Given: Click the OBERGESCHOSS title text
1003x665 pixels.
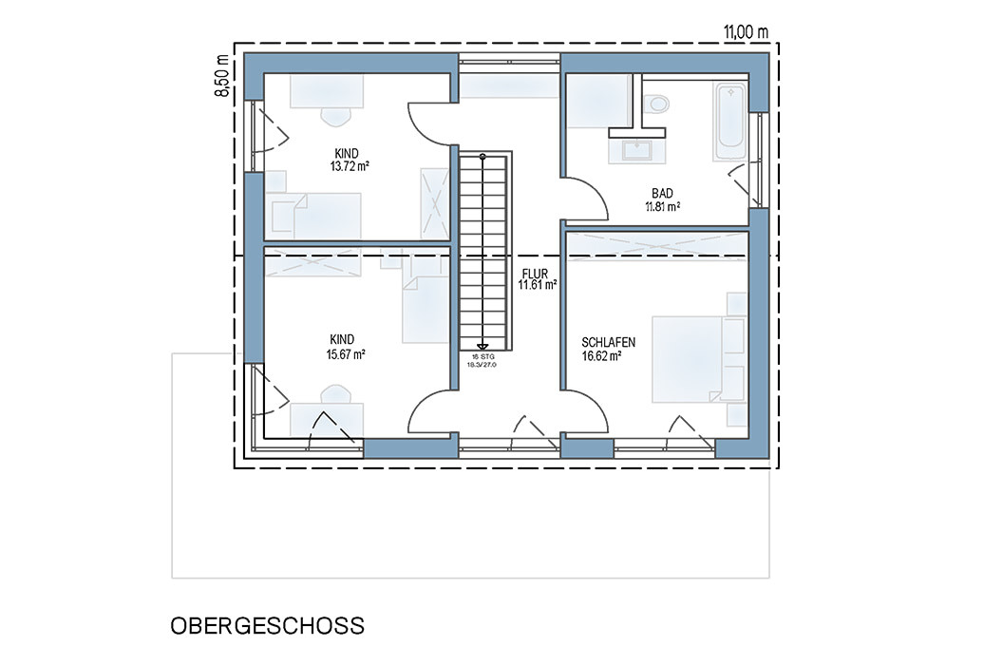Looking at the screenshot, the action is pyautogui.click(x=268, y=625).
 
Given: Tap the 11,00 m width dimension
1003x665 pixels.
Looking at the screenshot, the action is pyautogui.click(x=746, y=32).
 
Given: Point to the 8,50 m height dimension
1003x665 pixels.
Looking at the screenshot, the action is pyautogui.click(x=222, y=75).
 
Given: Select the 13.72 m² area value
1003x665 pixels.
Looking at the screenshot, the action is pyautogui.click(x=350, y=167).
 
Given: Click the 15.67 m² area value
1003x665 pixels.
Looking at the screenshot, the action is pyautogui.click(x=346, y=354).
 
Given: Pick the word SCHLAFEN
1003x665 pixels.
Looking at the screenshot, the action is pyautogui.click(x=608, y=343).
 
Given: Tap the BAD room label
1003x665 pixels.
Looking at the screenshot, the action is pyautogui.click(x=662, y=193).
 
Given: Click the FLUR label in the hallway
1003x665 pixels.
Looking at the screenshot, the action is pyautogui.click(x=535, y=274).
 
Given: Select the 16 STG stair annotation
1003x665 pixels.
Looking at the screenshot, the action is pyautogui.click(x=483, y=357).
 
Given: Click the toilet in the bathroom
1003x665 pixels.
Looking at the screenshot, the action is pyautogui.click(x=656, y=104).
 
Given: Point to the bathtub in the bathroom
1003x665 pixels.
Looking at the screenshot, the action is pyautogui.click(x=729, y=122).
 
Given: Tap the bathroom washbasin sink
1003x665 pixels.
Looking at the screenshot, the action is pyautogui.click(x=637, y=150).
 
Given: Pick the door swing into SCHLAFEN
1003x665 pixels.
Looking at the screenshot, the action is pyautogui.click(x=585, y=411).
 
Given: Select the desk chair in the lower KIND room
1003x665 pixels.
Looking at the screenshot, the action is pyautogui.click(x=336, y=394).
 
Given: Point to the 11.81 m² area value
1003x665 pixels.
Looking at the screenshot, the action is pyautogui.click(x=663, y=207).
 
